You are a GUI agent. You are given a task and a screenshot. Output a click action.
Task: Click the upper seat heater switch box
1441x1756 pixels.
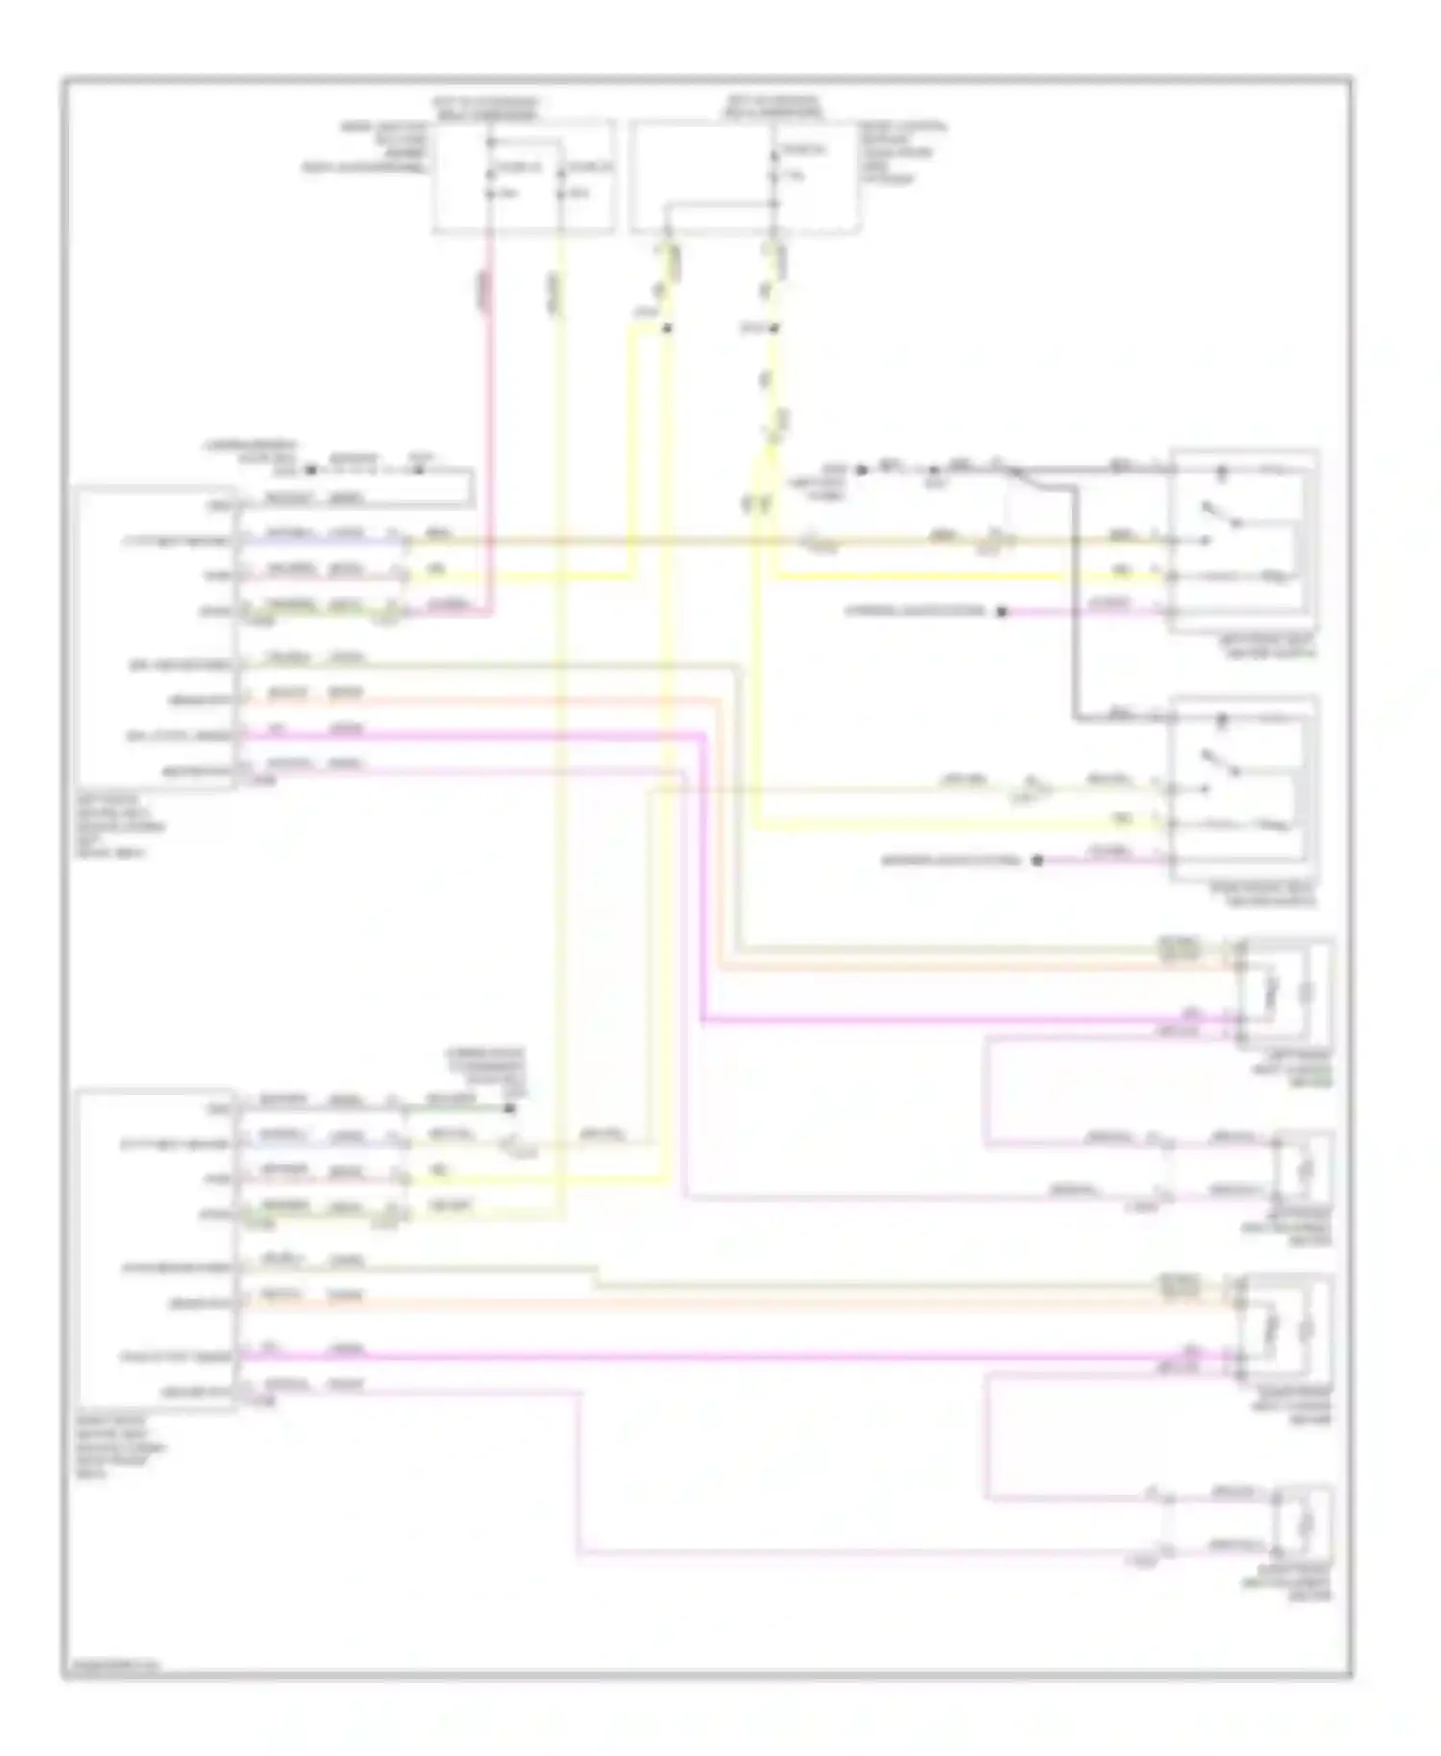(1242, 541)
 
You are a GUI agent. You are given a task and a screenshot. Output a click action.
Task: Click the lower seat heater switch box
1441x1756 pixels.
(1242, 788)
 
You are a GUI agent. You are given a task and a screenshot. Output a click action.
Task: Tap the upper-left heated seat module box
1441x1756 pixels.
(156, 637)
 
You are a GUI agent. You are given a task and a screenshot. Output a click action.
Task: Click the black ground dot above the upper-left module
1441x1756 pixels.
(310, 471)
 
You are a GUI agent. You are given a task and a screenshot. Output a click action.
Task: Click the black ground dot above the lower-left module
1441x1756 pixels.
(510, 1109)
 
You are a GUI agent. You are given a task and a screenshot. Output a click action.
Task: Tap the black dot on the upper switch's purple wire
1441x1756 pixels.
(1001, 612)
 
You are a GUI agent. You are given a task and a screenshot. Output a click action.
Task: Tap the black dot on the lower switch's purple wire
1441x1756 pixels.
(1037, 861)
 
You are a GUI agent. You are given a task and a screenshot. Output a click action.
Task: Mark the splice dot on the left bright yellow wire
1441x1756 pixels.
(667, 329)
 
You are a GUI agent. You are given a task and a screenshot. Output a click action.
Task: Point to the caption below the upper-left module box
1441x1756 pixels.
(120, 826)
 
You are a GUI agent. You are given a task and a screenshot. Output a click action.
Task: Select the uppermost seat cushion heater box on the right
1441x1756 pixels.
(1286, 992)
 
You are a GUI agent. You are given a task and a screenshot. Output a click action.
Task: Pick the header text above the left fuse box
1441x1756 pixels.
(486, 108)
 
